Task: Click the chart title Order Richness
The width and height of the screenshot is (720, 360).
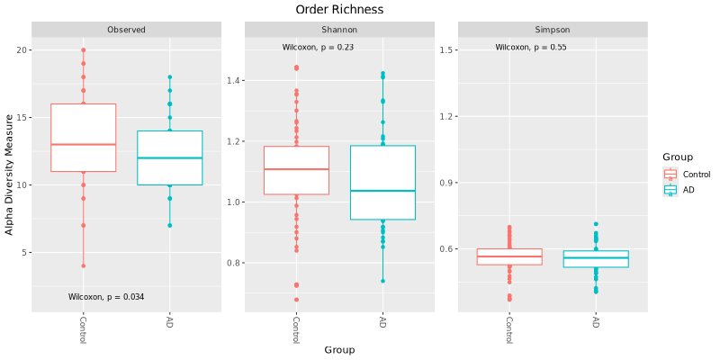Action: [339, 9]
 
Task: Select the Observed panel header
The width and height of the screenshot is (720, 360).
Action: [126, 30]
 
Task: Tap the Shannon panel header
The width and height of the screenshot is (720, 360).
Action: [339, 30]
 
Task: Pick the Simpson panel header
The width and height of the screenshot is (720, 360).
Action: [553, 30]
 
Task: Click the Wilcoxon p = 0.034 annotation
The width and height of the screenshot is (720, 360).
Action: [106, 297]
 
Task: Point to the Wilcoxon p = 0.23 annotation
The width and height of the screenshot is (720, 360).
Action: [318, 47]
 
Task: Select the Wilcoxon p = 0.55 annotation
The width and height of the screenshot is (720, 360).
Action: [531, 47]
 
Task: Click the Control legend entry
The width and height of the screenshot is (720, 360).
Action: [696, 175]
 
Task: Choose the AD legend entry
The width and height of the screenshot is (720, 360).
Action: [688, 190]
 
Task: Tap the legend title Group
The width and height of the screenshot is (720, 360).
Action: [678, 157]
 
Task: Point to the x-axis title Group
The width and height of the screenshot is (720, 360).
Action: [339, 350]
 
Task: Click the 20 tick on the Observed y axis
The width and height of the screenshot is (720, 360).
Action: [24, 50]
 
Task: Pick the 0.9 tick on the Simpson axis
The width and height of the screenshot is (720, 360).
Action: [447, 183]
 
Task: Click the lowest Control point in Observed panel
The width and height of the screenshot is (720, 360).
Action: [83, 265]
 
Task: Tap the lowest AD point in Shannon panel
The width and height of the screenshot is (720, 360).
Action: [382, 281]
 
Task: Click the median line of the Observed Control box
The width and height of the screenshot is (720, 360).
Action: [83, 144]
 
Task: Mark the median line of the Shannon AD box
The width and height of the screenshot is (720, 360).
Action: [382, 191]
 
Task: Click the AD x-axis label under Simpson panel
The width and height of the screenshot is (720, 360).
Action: [596, 321]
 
